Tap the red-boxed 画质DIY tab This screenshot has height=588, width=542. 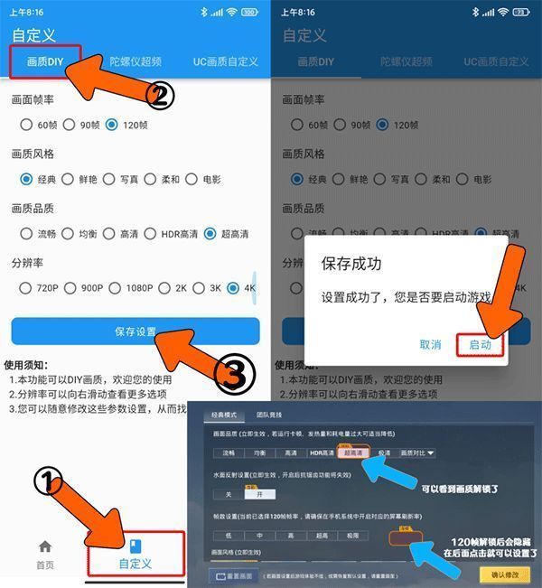(45, 62)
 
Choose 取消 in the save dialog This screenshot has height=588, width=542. (430, 344)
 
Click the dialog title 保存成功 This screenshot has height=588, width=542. (351, 264)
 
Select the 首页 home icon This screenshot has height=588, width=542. (44, 547)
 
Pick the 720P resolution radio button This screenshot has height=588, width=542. (26, 289)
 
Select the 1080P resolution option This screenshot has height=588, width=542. (115, 289)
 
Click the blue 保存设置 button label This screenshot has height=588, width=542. (135, 331)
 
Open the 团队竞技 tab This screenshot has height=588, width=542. (269, 415)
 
